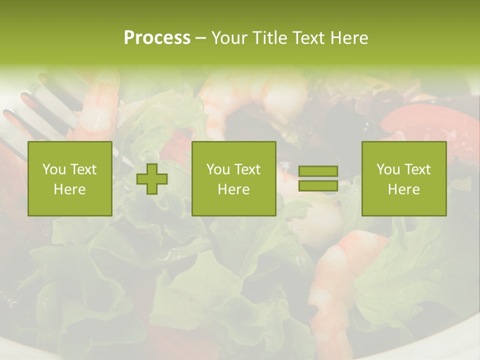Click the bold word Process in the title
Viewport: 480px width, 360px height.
point(157,38)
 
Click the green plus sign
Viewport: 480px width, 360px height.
point(152,179)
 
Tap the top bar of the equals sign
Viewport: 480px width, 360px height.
point(318,171)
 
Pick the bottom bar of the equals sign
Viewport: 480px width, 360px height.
point(318,186)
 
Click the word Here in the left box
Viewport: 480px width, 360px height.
point(69,189)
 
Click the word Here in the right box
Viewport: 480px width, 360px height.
point(403,189)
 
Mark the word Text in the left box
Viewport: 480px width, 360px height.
point(83,169)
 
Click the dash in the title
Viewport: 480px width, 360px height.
point(200,38)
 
